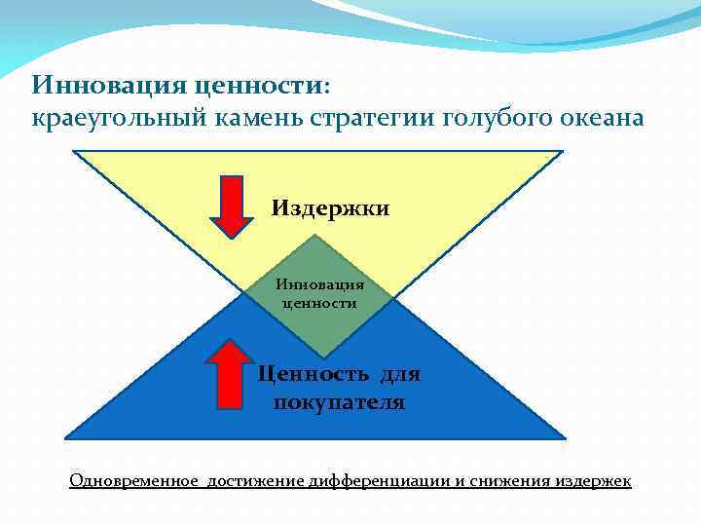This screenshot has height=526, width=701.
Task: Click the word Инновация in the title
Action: [108, 84]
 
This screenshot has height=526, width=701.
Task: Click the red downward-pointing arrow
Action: [232, 206]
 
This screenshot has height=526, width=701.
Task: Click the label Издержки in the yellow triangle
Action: [330, 208]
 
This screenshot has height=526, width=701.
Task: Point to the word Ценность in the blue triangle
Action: [314, 374]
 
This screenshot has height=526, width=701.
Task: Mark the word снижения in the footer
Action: [513, 481]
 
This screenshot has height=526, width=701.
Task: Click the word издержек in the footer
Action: [595, 481]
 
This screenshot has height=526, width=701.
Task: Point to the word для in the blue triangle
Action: [400, 374]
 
